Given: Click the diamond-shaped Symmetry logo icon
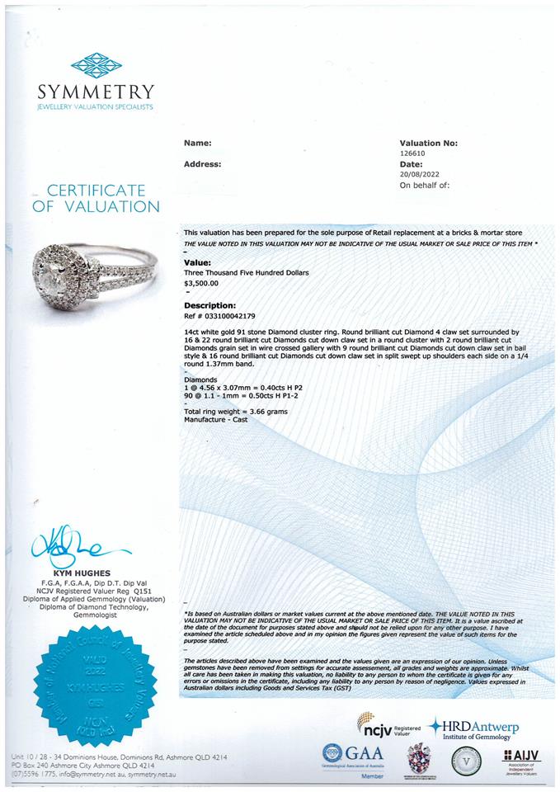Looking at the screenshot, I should [x=96, y=65].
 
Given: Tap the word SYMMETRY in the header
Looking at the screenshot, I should [x=96, y=92].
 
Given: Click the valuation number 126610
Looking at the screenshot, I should [x=413, y=153].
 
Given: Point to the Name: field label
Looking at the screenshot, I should [x=197, y=143].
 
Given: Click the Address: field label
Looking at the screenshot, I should [x=202, y=164].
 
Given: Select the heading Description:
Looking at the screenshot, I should [x=209, y=305].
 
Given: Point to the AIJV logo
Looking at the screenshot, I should [x=520, y=757].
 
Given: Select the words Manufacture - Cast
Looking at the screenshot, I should [x=215, y=419].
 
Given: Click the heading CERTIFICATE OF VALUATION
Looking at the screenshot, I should [x=96, y=199].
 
